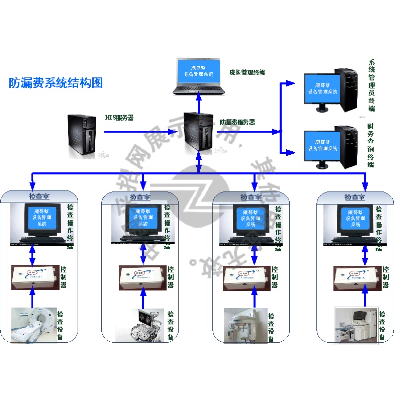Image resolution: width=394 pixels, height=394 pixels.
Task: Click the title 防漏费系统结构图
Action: point(56,83)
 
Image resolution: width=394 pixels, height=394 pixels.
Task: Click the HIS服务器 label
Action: point(120,118)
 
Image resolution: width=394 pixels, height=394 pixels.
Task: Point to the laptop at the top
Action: point(199,76)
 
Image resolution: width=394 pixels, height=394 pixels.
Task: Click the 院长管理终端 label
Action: point(247,72)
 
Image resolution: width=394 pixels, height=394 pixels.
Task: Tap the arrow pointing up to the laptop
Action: point(199,102)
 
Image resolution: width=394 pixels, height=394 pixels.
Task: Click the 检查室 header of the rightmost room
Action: point(355,197)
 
